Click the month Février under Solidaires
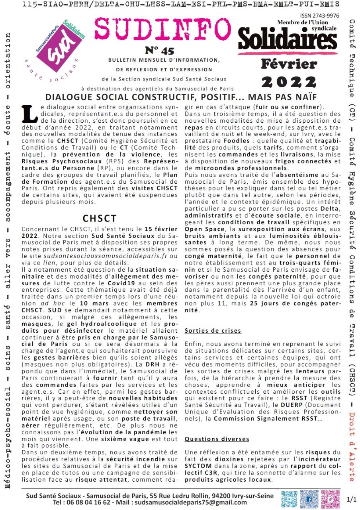pyautogui.click(x=289, y=64)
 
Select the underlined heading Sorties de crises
pyautogui.click(x=213, y=331)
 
